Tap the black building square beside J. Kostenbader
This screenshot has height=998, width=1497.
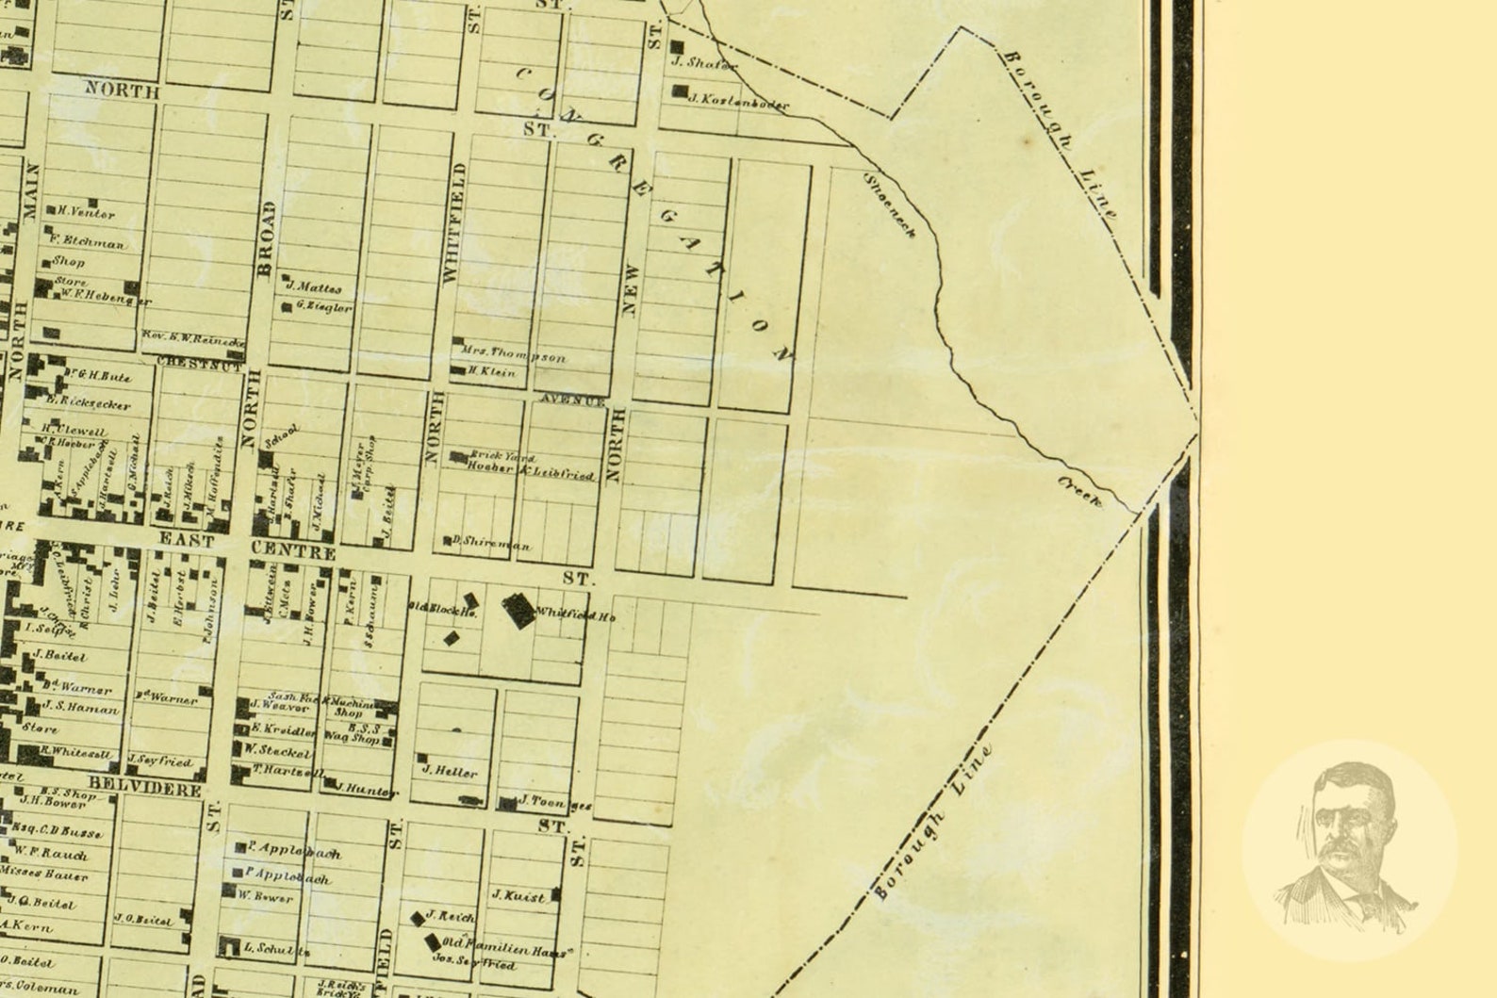tap(679, 91)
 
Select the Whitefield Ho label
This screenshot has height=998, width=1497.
tap(575, 615)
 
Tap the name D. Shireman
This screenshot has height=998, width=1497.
tap(490, 544)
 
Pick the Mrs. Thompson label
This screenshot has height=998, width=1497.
tap(514, 355)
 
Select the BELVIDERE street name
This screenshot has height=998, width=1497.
tap(145, 788)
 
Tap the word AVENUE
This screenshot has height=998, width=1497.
tap(572, 401)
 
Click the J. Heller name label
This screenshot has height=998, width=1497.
tap(450, 771)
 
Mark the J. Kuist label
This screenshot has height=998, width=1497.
tap(518, 896)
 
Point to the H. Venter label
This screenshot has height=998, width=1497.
tap(86, 213)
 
